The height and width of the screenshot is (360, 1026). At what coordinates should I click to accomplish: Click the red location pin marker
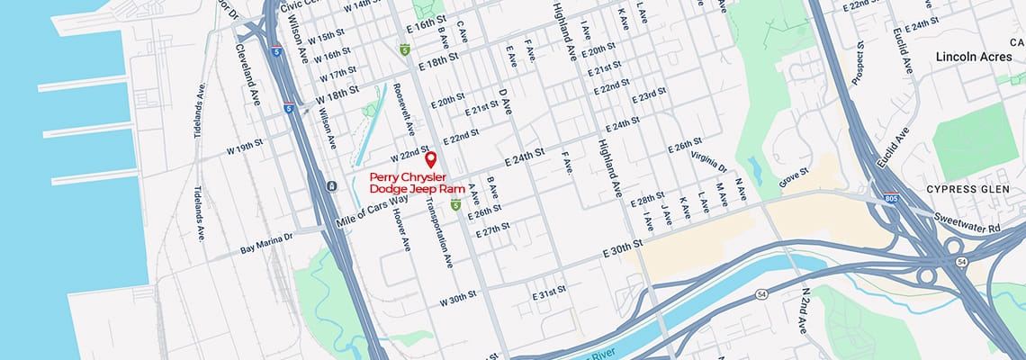430,160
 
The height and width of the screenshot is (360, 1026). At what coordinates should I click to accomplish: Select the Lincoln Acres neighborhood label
974,57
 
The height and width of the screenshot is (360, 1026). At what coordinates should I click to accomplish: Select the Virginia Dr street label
709,161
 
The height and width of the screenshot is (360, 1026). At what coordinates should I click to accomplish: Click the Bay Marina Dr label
266,243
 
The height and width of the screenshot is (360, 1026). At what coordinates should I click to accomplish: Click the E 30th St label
623,245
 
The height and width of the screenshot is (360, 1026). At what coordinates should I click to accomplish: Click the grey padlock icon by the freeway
332,185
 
